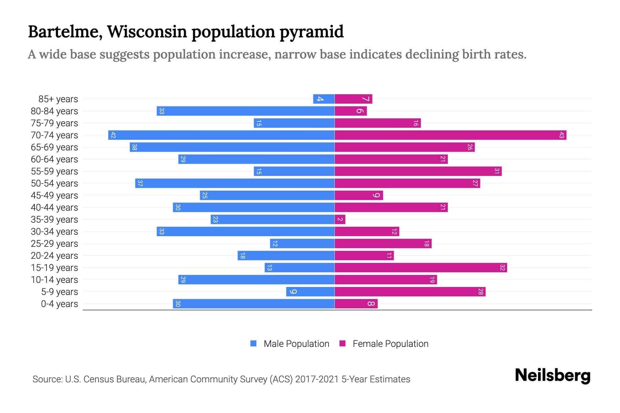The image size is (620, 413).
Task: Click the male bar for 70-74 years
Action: [x=221, y=135]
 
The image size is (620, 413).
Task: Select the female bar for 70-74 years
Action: [x=450, y=135]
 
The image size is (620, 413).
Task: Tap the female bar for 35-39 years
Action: [x=340, y=220]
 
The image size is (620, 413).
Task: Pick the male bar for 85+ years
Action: [x=324, y=99]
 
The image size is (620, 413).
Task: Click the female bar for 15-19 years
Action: [x=421, y=268]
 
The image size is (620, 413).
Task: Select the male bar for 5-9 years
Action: [x=310, y=292]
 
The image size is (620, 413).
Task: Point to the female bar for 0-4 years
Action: [x=356, y=304]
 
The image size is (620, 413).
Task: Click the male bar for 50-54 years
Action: [x=235, y=183]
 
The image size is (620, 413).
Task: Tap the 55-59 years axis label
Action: [x=54, y=171]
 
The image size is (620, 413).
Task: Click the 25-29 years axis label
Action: [x=54, y=244]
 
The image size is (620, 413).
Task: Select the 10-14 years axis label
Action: [x=54, y=280]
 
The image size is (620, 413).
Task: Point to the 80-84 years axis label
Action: [x=54, y=111]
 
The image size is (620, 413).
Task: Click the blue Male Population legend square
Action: [x=254, y=343]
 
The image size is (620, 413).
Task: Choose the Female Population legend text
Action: [x=390, y=344]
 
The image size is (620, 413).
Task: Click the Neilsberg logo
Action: [x=552, y=375]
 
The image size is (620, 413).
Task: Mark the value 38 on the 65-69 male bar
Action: [x=134, y=147]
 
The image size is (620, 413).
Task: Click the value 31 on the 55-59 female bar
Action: [x=497, y=171]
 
